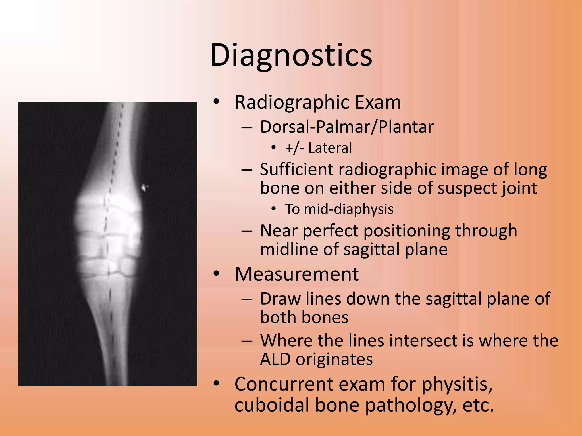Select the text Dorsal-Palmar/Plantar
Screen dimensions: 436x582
click(347, 127)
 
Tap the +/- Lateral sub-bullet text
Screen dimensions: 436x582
click(319, 148)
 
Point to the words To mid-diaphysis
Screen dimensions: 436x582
click(339, 209)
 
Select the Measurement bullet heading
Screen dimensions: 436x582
click(296, 274)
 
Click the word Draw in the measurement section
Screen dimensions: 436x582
click(280, 299)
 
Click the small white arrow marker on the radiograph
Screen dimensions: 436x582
click(145, 187)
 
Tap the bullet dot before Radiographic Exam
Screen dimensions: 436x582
click(217, 102)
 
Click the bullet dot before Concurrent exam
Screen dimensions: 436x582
click(217, 384)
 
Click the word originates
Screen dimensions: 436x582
click(334, 359)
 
